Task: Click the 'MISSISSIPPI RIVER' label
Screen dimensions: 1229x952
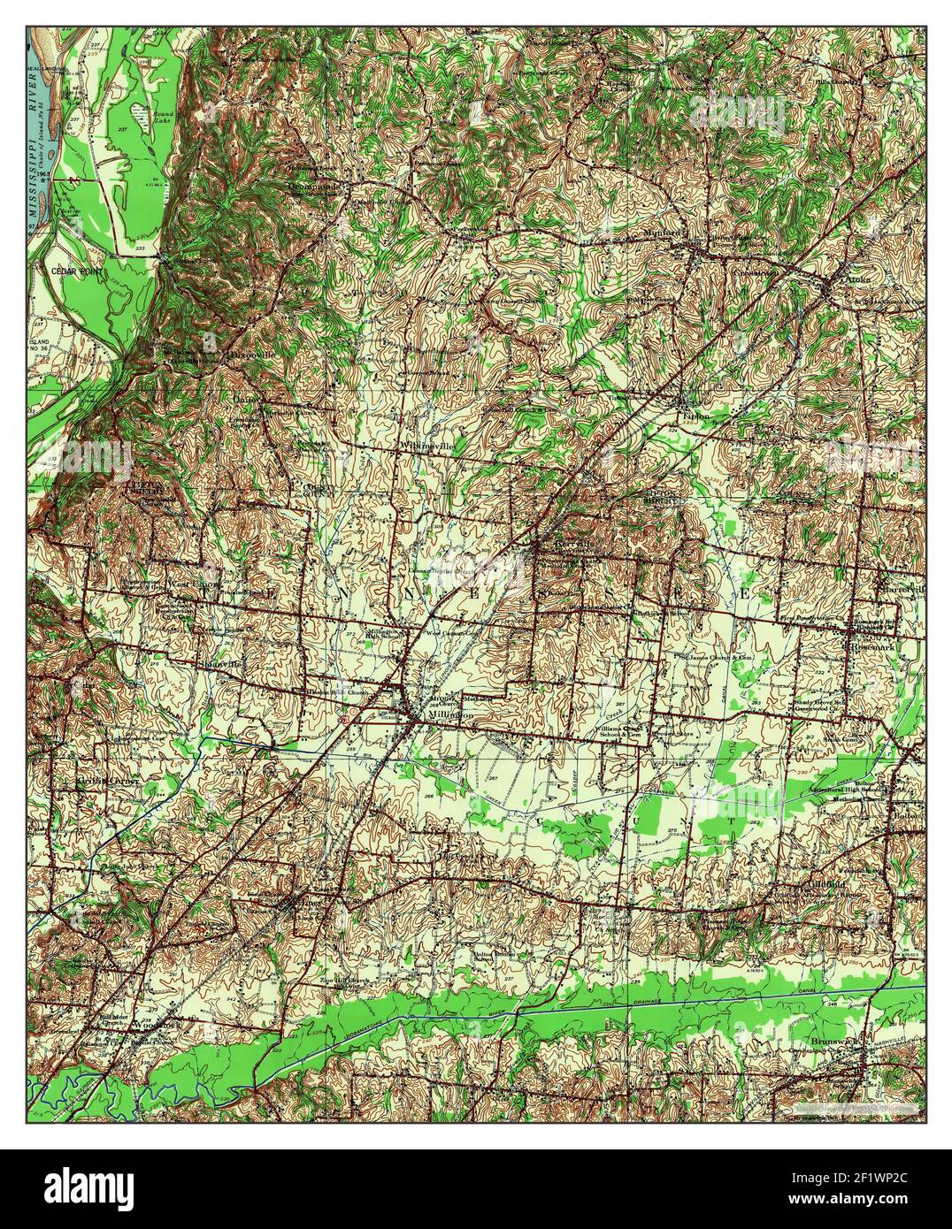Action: pyautogui.click(x=36, y=160)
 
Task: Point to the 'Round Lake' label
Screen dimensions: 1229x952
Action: pyautogui.click(x=165, y=117)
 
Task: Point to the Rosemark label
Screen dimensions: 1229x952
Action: pyautogui.click(x=876, y=646)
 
